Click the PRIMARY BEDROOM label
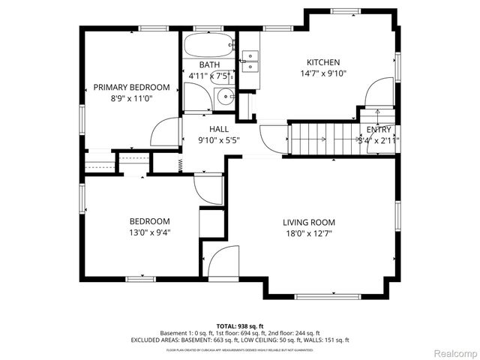pyautogui.click(x=131, y=87)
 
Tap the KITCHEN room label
pyautogui.click(x=323, y=62)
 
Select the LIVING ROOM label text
pyautogui.click(x=308, y=222)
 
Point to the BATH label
pyautogui.click(x=209, y=65)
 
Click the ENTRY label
pyautogui.click(x=379, y=129)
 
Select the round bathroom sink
pyautogui.click(x=223, y=97)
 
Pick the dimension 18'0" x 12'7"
pyautogui.click(x=308, y=233)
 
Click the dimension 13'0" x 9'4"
pyautogui.click(x=149, y=232)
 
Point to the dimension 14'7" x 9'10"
pyautogui.click(x=323, y=73)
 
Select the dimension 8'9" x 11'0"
pyautogui.click(x=131, y=98)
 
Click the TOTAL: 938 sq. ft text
pyautogui.click(x=239, y=325)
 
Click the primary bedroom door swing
pyautogui.click(x=166, y=133)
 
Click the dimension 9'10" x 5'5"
pyautogui.click(x=218, y=139)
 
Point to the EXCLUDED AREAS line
pyautogui.click(x=239, y=340)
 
